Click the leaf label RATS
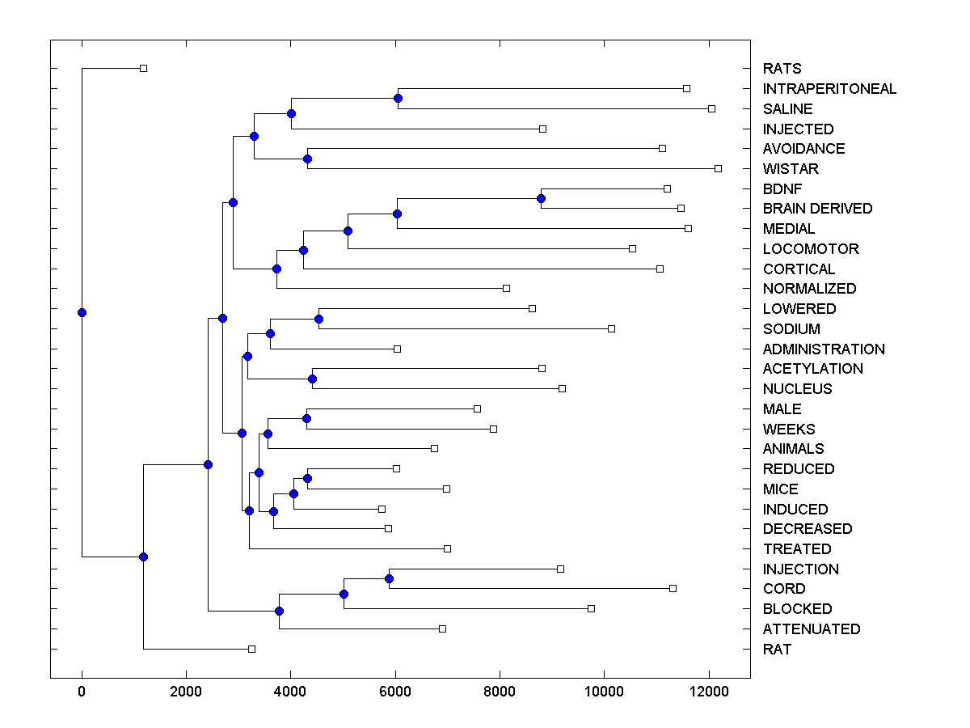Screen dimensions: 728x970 pos(782,69)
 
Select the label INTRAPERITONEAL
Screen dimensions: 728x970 pos(829,89)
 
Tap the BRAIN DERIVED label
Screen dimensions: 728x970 pos(817,209)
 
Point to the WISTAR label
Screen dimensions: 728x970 pos(791,169)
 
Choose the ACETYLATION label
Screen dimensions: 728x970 pos(812,369)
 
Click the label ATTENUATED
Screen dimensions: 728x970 pos(812,629)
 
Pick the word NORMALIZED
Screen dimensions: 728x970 pos(809,289)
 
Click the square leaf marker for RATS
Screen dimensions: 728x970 pos(143,69)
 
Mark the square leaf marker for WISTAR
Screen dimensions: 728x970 pos(718,168)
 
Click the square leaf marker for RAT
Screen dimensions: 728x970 pos(251,649)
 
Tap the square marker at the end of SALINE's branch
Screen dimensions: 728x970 pos(711,108)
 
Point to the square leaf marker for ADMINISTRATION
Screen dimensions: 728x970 pos(397,349)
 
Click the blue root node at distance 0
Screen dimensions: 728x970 pos(82,312)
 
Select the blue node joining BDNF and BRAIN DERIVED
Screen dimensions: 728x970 pos(541,198)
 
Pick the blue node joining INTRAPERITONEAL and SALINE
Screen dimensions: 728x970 pos(398,98)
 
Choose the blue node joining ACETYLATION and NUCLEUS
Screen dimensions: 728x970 pos(312,379)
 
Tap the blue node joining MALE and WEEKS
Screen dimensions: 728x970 pos(306,418)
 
